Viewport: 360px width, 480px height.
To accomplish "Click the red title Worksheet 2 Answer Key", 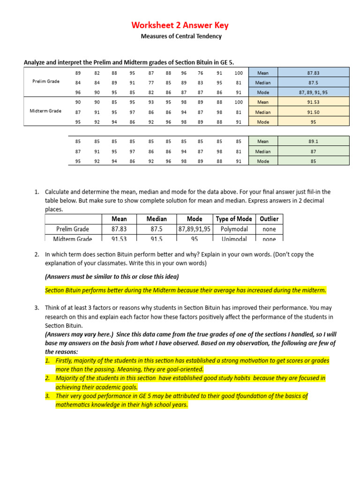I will pos(180,25).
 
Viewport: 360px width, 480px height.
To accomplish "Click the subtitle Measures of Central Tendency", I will pos(181,36).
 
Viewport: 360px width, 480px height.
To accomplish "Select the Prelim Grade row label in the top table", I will pos(46,81).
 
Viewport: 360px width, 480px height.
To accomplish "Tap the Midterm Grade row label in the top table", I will pos(46,111).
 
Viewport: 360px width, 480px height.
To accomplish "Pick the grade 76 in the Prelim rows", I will pos(200,73).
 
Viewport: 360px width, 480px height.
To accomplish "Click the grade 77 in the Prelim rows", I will pos(151,82).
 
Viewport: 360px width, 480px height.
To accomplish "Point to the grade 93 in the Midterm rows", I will pos(151,102).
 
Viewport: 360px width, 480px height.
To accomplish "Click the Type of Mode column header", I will pos(234,219).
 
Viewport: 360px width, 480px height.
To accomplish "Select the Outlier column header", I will pos(269,219).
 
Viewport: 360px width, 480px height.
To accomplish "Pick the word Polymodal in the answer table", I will pos(234,229).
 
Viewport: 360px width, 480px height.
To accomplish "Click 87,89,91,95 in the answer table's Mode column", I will pos(195,229).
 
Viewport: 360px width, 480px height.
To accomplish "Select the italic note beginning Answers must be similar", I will pos(112,276).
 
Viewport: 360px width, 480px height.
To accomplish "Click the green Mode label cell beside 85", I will pos(263,161).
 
